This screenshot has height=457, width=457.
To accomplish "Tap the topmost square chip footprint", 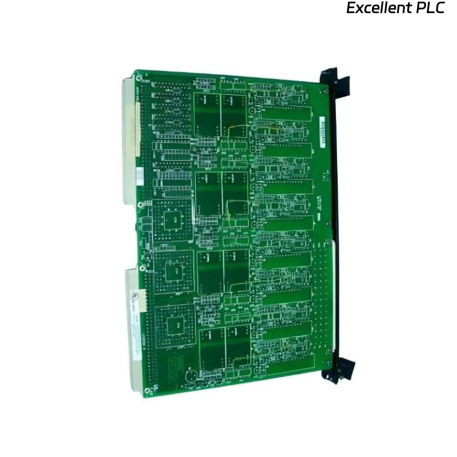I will coord(170,218).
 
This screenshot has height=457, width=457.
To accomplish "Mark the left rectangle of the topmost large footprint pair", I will coord(207,114).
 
